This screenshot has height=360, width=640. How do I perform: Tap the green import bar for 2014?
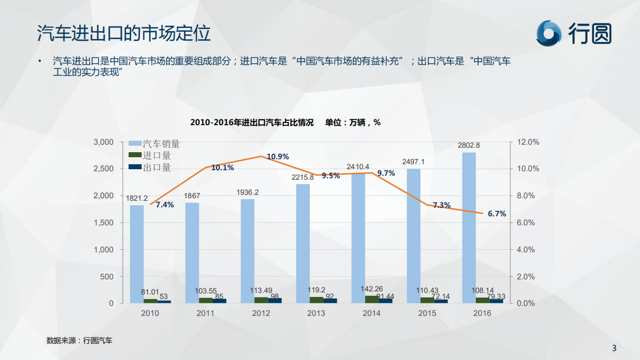tap(372, 299)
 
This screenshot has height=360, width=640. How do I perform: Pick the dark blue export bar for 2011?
tap(219, 301)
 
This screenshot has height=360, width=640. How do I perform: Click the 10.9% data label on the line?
tap(278, 157)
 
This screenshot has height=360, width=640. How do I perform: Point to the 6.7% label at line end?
tap(497, 214)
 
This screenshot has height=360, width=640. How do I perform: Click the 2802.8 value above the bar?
tap(469, 146)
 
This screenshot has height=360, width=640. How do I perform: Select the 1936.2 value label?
tap(247, 192)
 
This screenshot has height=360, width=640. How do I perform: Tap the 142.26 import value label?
tap(371, 289)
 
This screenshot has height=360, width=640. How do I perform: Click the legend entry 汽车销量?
tap(161, 144)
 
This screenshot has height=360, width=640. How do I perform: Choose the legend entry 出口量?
tap(157, 168)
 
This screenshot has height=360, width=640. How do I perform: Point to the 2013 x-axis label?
tap(316, 313)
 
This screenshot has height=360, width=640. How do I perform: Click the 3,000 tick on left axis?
tap(104, 142)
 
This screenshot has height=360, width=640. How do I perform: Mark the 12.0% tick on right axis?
tap(527, 142)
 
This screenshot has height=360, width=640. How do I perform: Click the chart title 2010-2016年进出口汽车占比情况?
tap(252, 123)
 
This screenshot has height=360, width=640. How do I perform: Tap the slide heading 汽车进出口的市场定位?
tap(124, 34)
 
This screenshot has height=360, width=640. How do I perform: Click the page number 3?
tap(614, 348)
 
